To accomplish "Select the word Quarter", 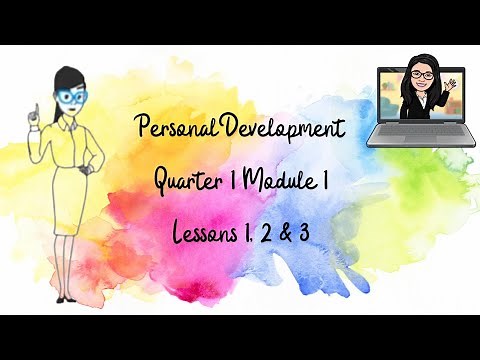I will tap(189, 183).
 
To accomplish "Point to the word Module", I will tap(282, 183).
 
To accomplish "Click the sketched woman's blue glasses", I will tap(74, 97).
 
